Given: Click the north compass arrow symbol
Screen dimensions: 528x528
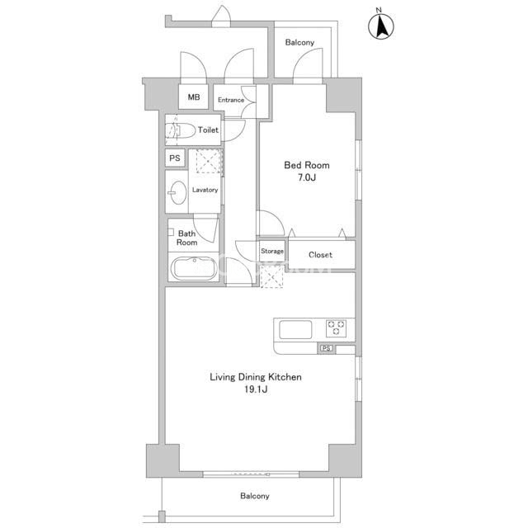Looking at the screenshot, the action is [x=381, y=26].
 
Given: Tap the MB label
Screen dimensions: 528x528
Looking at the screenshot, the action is [x=194, y=97].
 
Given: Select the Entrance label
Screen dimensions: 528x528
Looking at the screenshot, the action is [x=231, y=100].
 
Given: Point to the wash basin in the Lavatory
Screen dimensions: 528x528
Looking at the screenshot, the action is [x=177, y=192].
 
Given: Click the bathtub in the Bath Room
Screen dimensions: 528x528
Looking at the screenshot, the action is [x=194, y=269].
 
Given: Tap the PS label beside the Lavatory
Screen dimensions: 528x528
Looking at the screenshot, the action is [x=175, y=158].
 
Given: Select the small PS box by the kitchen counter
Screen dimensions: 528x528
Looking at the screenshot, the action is [x=327, y=348].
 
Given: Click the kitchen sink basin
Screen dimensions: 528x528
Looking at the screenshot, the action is [x=295, y=330].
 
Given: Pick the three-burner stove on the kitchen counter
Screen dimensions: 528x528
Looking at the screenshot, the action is [x=336, y=328].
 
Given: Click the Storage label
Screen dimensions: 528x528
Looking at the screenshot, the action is [x=272, y=251].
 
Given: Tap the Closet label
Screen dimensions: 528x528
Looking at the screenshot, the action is [x=320, y=255].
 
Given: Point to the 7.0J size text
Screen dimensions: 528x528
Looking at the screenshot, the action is [x=307, y=177].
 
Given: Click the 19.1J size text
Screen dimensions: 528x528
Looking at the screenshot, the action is [x=256, y=389].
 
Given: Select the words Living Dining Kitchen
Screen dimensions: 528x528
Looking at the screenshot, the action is [x=256, y=377].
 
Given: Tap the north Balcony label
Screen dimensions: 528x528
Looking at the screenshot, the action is [x=299, y=42].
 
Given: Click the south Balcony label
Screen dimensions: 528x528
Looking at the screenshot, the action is [x=255, y=496].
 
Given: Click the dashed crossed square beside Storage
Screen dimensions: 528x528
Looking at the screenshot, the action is [x=271, y=276].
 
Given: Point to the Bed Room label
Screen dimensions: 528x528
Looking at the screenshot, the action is [x=307, y=165].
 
